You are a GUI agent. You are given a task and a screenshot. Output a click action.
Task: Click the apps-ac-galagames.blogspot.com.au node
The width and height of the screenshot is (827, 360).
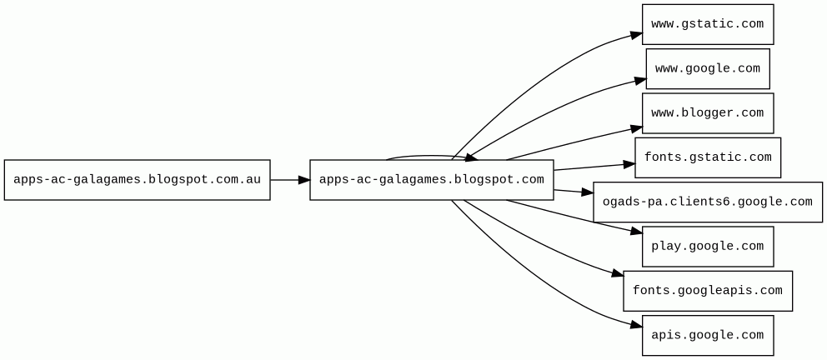pyautogui.click(x=137, y=179)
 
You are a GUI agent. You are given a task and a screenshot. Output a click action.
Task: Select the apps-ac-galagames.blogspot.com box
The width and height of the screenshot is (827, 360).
pyautogui.click(x=431, y=179)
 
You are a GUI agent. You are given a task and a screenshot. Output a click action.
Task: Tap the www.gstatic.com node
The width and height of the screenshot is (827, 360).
pyautogui.click(x=707, y=24)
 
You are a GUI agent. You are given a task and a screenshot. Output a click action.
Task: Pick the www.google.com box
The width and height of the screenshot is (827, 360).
pyautogui.click(x=707, y=68)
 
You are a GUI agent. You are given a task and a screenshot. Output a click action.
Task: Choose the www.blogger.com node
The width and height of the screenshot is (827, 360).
pyautogui.click(x=707, y=112)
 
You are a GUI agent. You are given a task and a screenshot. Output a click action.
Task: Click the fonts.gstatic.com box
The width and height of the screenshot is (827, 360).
pyautogui.click(x=707, y=157)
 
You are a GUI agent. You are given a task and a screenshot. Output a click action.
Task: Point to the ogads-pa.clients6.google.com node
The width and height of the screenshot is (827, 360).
pyautogui.click(x=707, y=202)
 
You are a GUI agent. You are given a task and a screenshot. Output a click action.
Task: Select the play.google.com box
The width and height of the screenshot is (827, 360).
pyautogui.click(x=707, y=246)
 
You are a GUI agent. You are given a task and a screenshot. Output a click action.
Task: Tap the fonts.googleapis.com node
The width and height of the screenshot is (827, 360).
pyautogui.click(x=707, y=291)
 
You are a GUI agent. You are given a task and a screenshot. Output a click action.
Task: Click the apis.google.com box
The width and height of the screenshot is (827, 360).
pyautogui.click(x=707, y=335)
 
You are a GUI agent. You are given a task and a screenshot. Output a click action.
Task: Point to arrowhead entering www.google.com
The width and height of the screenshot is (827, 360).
pyautogui.click(x=639, y=80)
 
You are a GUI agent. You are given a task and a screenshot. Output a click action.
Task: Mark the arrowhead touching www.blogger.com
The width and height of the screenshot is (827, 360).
pyautogui.click(x=636, y=128)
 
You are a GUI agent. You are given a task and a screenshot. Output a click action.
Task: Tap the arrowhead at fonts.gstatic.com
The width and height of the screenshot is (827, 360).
pyautogui.click(x=629, y=164)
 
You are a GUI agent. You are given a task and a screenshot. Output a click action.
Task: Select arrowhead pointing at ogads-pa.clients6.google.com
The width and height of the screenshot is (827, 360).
pyautogui.click(x=587, y=193)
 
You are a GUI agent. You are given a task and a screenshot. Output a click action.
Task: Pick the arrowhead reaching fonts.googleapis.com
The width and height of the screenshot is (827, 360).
pyautogui.click(x=617, y=273)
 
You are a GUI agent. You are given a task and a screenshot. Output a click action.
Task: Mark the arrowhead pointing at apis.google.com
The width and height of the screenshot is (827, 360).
pyautogui.click(x=636, y=324)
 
